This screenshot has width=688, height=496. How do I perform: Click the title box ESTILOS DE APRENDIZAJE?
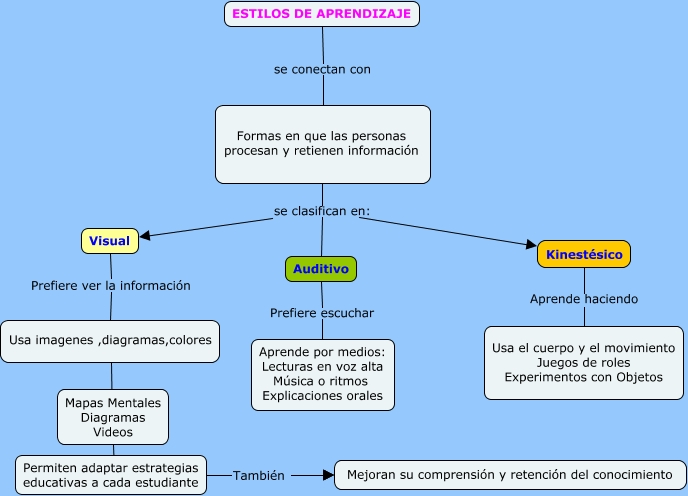coord(320,14)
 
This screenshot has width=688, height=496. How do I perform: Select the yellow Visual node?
coord(109,241)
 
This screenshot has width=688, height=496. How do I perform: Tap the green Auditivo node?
coord(321,269)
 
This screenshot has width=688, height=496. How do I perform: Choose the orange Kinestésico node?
coord(584,255)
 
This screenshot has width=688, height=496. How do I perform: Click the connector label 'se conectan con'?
coord(322,70)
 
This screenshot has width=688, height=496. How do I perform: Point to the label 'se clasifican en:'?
coord(322,211)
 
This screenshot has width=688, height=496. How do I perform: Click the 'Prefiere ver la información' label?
coord(111,285)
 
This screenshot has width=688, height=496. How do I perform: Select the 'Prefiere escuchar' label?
coord(322,313)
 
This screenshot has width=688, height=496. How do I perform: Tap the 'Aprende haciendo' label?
coord(584,299)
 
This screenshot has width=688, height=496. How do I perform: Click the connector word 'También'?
coord(260,475)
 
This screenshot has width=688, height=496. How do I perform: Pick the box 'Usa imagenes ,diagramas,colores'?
coord(111,341)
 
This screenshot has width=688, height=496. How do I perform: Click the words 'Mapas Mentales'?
coord(112,402)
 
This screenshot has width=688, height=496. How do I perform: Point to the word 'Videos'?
coord(112,432)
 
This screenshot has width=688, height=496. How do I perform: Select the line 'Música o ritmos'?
coord(322,381)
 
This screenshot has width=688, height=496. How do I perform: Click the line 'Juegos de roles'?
coord(584,362)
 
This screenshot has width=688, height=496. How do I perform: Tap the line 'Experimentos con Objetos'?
coord(584,377)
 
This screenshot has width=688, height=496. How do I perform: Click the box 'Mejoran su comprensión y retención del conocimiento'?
coord(510,474)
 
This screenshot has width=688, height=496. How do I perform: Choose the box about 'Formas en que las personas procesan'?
coord(322,143)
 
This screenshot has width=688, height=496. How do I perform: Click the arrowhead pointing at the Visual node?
coord(145,237)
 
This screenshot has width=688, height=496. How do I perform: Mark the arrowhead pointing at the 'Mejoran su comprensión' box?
coord(327,474)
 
